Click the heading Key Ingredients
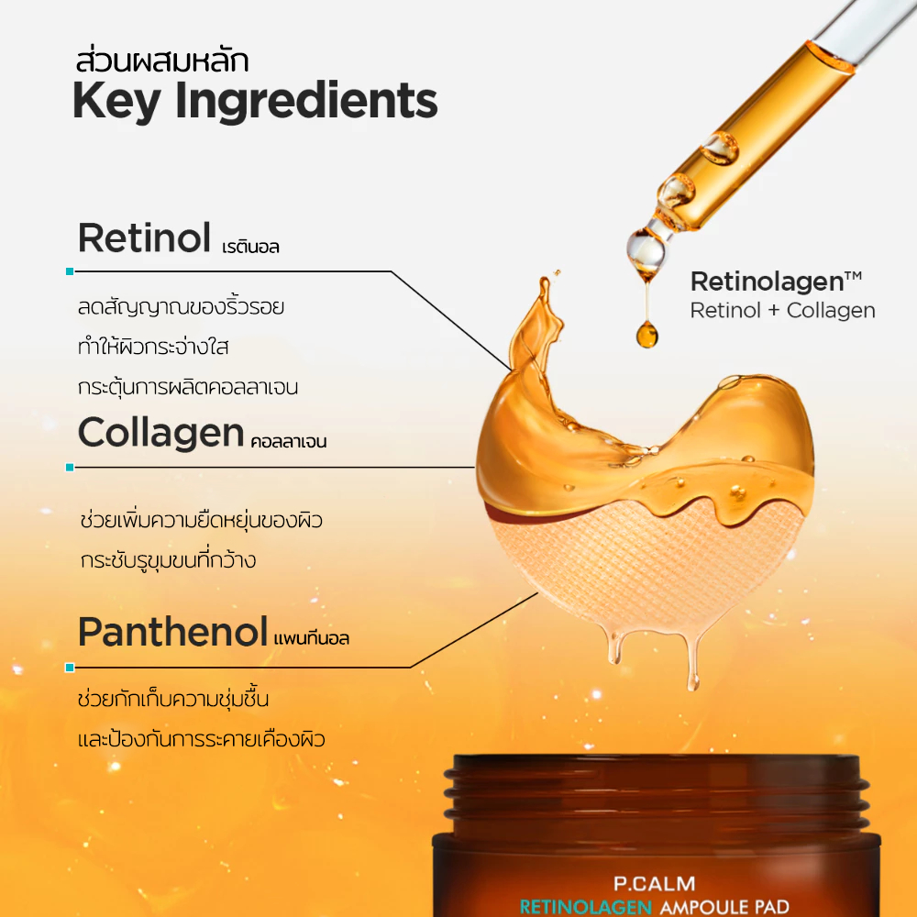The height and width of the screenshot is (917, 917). point(255,102)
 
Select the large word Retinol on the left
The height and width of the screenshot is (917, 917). point(145,238)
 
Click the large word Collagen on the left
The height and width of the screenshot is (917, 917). point(160,433)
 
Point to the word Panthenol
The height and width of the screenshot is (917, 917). point(173,632)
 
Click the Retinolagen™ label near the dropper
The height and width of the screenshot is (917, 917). point(776,282)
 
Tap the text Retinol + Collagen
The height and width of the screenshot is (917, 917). point(782,311)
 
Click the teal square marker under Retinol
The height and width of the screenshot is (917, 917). point(70,271)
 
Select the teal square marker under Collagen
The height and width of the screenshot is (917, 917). point(70,468)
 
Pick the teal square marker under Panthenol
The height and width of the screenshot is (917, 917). point(70,668)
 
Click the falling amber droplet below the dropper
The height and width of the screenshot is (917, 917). point(646,335)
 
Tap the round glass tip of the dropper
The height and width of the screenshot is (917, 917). point(646,250)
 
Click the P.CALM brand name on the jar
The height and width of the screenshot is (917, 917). point(655,883)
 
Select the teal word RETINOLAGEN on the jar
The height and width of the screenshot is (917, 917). point(585,907)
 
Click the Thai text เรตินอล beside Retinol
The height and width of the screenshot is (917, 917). point(250,247)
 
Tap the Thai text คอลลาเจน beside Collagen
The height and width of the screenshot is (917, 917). point(288,442)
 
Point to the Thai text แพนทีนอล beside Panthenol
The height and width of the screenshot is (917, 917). point(311,638)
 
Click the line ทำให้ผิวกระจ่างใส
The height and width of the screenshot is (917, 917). point(152,347)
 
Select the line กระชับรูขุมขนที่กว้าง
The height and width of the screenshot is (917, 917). point(169,559)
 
